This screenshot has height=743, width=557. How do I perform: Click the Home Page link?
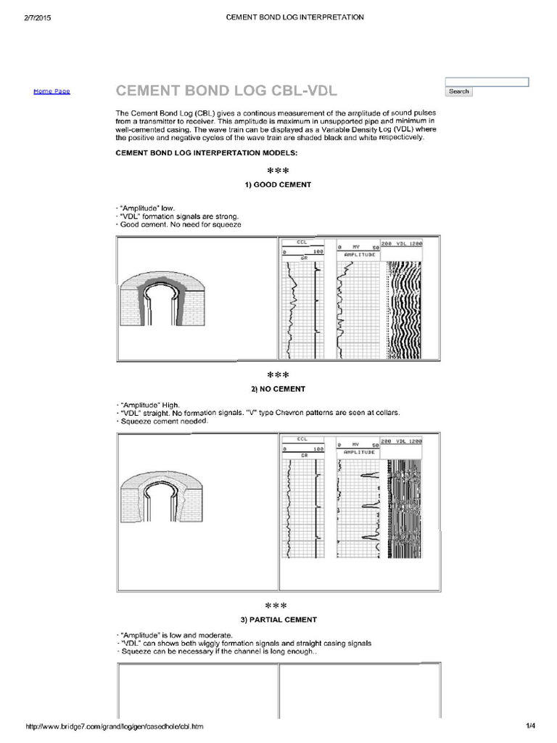[x=51, y=91]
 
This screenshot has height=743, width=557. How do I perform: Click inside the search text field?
[x=487, y=81]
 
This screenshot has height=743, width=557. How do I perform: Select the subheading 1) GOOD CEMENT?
[x=278, y=184]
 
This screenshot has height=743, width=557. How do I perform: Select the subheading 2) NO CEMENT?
[x=278, y=389]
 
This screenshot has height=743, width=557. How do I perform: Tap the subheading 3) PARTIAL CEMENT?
[x=278, y=620]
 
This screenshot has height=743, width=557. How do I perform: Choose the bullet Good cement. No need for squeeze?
[x=179, y=225]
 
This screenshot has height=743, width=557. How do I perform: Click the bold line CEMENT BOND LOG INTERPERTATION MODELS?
[x=206, y=153]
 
